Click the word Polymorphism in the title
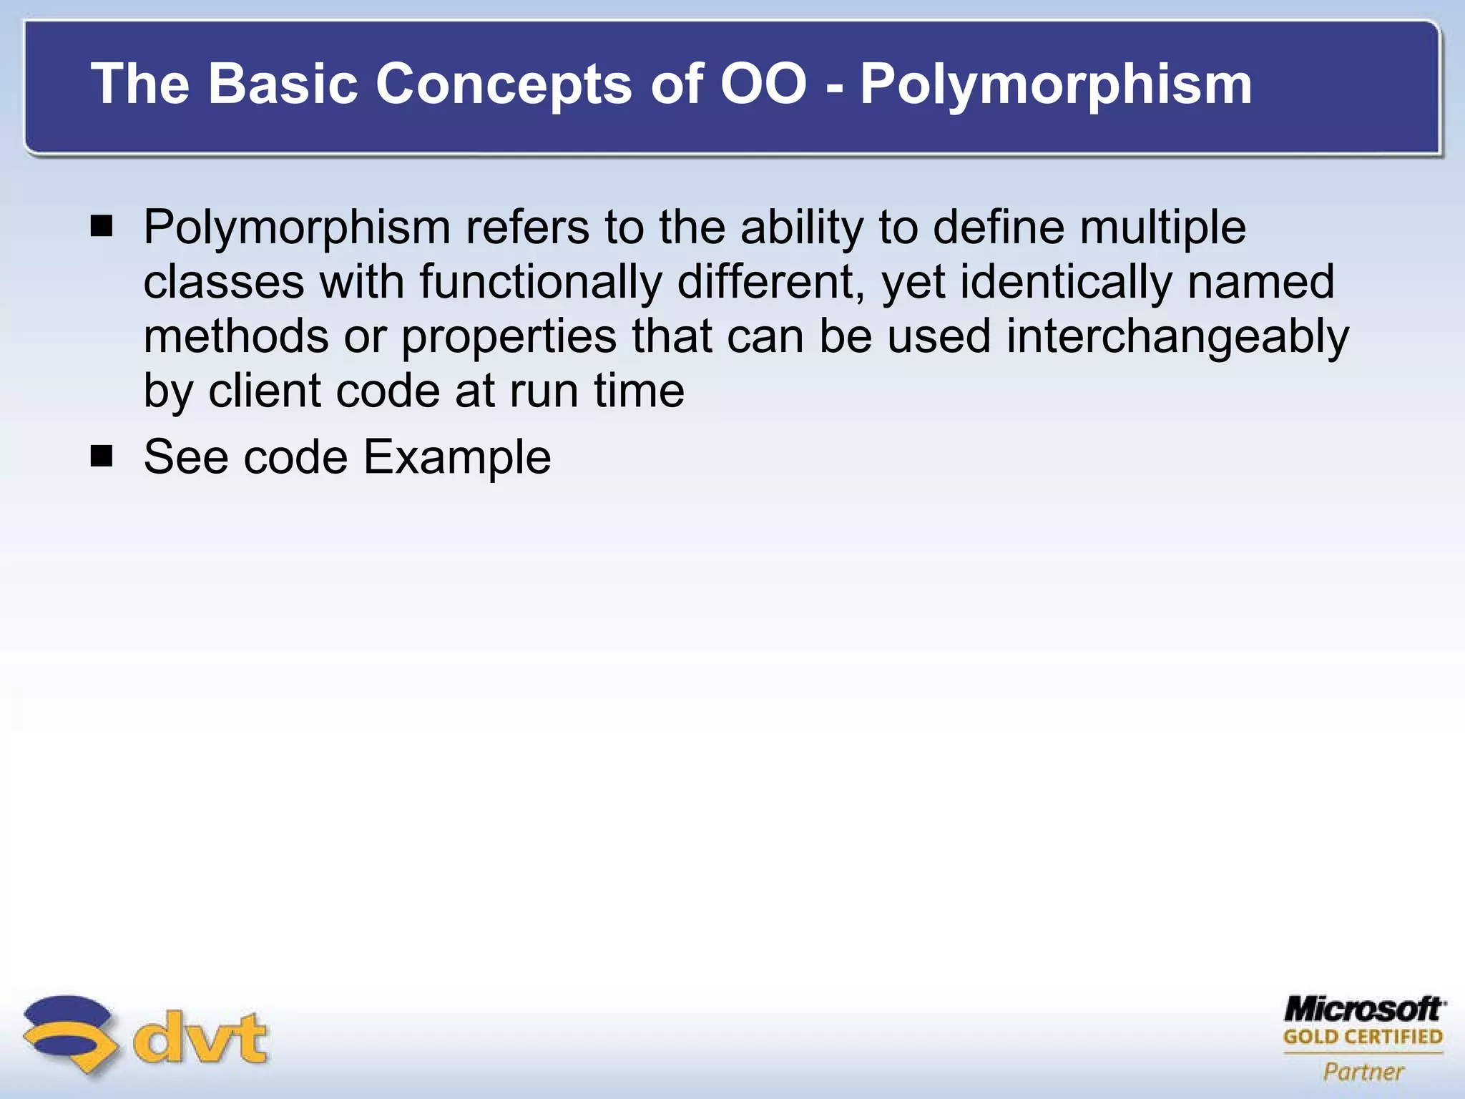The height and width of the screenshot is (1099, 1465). click(x=1056, y=84)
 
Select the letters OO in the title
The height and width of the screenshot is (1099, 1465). click(x=763, y=83)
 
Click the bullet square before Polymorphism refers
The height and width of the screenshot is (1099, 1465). click(x=102, y=228)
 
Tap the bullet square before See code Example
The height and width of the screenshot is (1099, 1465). click(x=102, y=456)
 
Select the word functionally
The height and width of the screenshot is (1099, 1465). click(x=540, y=282)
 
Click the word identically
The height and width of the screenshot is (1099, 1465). click(x=1065, y=282)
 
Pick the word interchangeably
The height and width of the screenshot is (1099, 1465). click(x=1177, y=336)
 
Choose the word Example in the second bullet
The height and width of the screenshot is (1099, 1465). click(x=457, y=456)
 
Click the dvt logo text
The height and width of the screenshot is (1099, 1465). click(x=201, y=1038)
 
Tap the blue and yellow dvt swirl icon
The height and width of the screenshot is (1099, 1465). click(x=69, y=1035)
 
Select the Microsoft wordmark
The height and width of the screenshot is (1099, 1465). click(x=1364, y=1010)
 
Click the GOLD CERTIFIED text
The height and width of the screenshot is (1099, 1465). click(x=1363, y=1037)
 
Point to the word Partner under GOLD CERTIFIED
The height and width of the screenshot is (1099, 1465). click(x=1363, y=1071)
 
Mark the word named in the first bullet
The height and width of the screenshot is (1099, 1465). click(x=1261, y=282)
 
